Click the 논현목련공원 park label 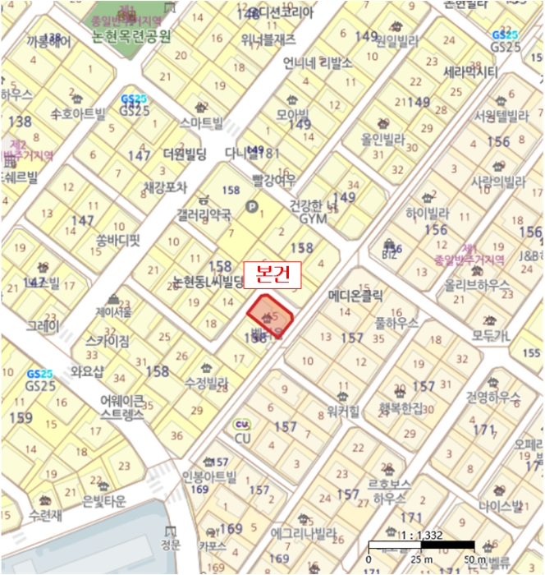coord(131,36)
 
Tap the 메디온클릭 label coord(355,294)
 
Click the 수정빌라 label coord(206,383)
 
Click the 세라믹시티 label coord(470,72)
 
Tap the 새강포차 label coord(165,187)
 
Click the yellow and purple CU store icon coord(241,425)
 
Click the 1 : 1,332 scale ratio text coord(421,536)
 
